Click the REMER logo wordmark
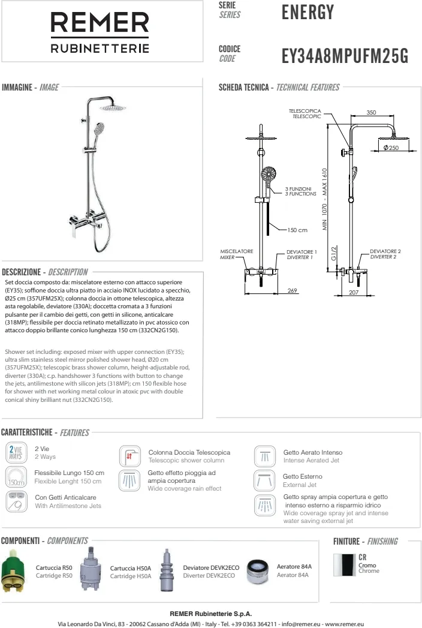click(100, 24)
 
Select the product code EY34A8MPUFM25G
click(345, 56)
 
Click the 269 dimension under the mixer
click(293, 291)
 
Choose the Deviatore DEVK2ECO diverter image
click(167, 570)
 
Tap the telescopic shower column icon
click(129, 456)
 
